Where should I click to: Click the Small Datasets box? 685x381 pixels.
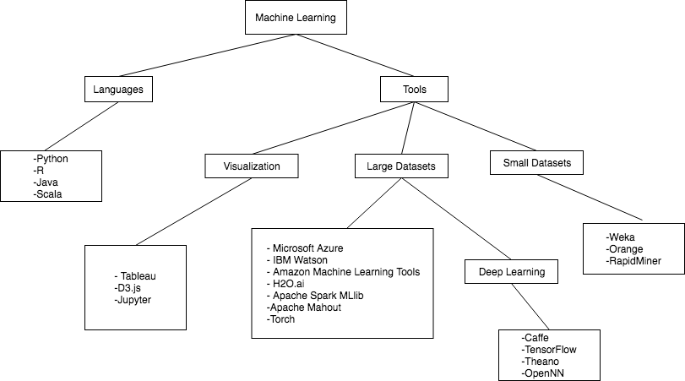click(x=537, y=162)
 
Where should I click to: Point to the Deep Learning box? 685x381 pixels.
click(x=506, y=272)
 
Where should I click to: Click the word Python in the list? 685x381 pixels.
click(x=52, y=158)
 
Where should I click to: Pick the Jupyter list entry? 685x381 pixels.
click(x=133, y=301)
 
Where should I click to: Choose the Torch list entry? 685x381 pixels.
click(x=281, y=319)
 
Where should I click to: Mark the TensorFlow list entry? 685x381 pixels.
click(x=549, y=349)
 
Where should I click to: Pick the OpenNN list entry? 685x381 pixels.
click(x=543, y=373)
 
